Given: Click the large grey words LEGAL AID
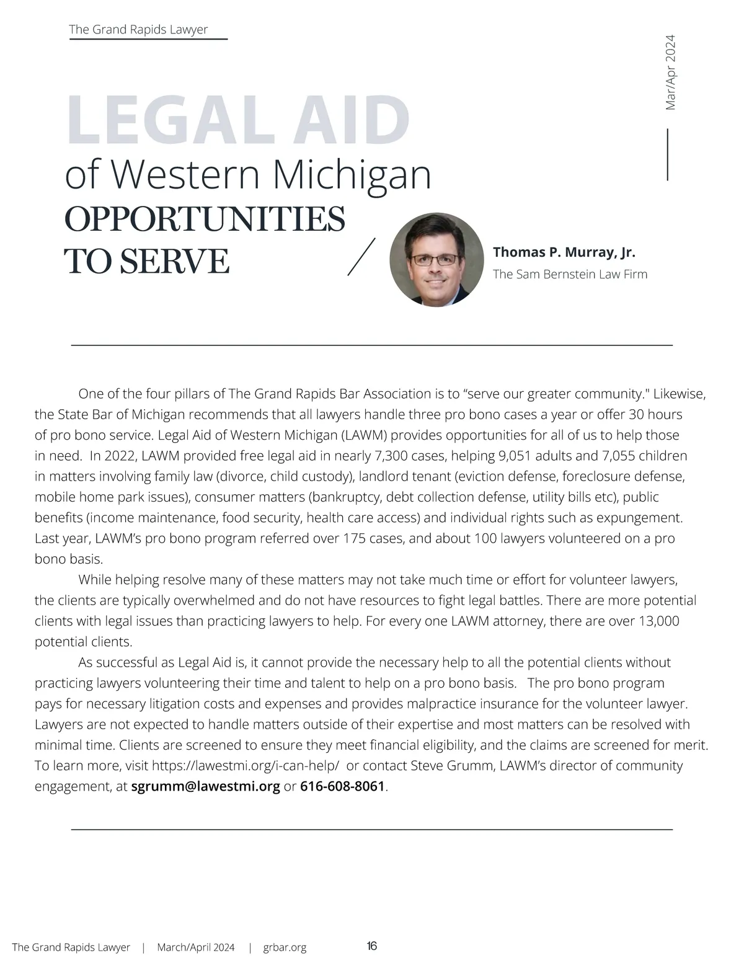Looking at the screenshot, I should pyautogui.click(x=237, y=119).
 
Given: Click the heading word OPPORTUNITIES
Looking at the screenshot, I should pyautogui.click(x=205, y=219).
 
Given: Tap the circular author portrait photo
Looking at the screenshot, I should pyautogui.click(x=436, y=260).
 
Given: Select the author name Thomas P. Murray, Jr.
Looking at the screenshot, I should pyautogui.click(x=564, y=252).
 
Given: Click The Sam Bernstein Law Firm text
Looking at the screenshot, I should pyautogui.click(x=570, y=274).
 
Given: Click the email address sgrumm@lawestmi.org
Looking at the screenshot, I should pyautogui.click(x=206, y=787).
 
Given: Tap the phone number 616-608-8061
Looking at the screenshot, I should pyautogui.click(x=342, y=787).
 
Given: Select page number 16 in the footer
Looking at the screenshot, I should pyautogui.click(x=372, y=946).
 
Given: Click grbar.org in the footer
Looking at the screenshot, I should pyautogui.click(x=285, y=947).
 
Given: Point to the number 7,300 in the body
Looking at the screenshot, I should pyautogui.click(x=392, y=456).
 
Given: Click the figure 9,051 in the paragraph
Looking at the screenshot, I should pyautogui.click(x=515, y=456).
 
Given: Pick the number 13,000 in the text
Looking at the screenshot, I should pyautogui.click(x=658, y=621).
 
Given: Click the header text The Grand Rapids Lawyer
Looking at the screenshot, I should pyautogui.click(x=138, y=30).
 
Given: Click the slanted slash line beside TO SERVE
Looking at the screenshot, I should pyautogui.click(x=362, y=255).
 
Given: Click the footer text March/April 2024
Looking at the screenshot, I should pyautogui.click(x=196, y=947).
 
